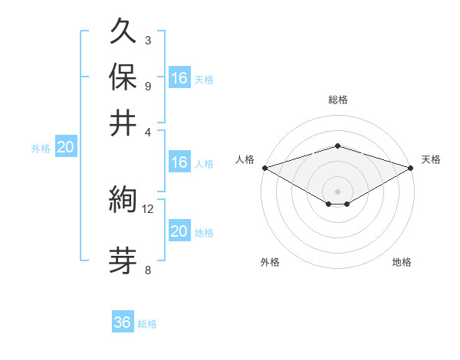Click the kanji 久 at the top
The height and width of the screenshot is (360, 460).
[123, 33]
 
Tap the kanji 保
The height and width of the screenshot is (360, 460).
[123, 77]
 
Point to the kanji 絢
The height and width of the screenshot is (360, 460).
[123, 201]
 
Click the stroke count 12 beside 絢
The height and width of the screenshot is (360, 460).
[148, 208]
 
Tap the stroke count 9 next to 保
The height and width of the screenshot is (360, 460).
[147, 85]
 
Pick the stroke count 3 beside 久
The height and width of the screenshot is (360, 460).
[147, 40]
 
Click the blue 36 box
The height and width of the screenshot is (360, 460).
[123, 322]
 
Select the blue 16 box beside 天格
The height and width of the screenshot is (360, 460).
[179, 77]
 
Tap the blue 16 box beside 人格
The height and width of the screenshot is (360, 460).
[179, 162]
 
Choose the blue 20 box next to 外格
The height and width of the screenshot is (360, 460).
[65, 148]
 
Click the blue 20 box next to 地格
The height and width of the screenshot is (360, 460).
[179, 231]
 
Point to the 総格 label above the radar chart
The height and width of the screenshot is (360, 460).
[337, 100]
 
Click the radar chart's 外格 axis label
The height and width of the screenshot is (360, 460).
[270, 262]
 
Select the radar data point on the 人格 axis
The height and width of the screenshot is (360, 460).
[264, 168]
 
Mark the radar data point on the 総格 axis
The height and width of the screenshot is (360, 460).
[337, 146]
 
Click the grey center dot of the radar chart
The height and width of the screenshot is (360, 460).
[337, 191]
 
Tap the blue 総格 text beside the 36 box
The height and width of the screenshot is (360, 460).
[147, 324]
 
